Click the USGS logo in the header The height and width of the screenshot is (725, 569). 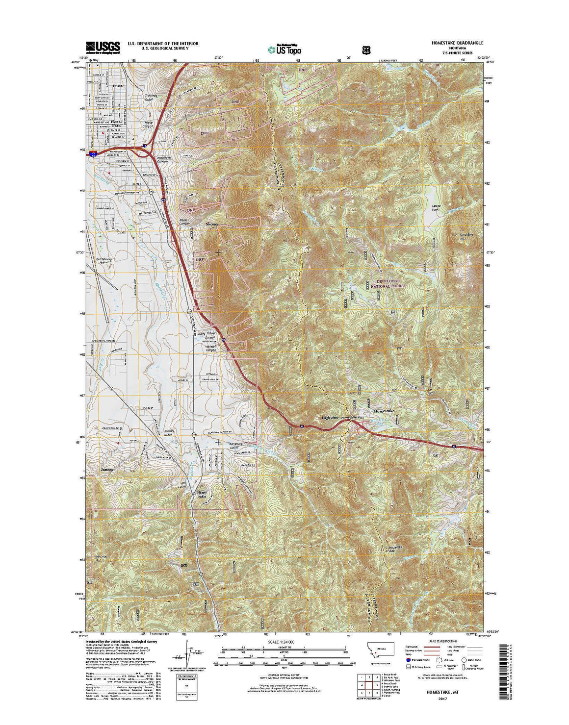103,47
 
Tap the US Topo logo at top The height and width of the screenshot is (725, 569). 284,49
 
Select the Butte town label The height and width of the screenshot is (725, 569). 117,85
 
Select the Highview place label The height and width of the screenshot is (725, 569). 330,417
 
